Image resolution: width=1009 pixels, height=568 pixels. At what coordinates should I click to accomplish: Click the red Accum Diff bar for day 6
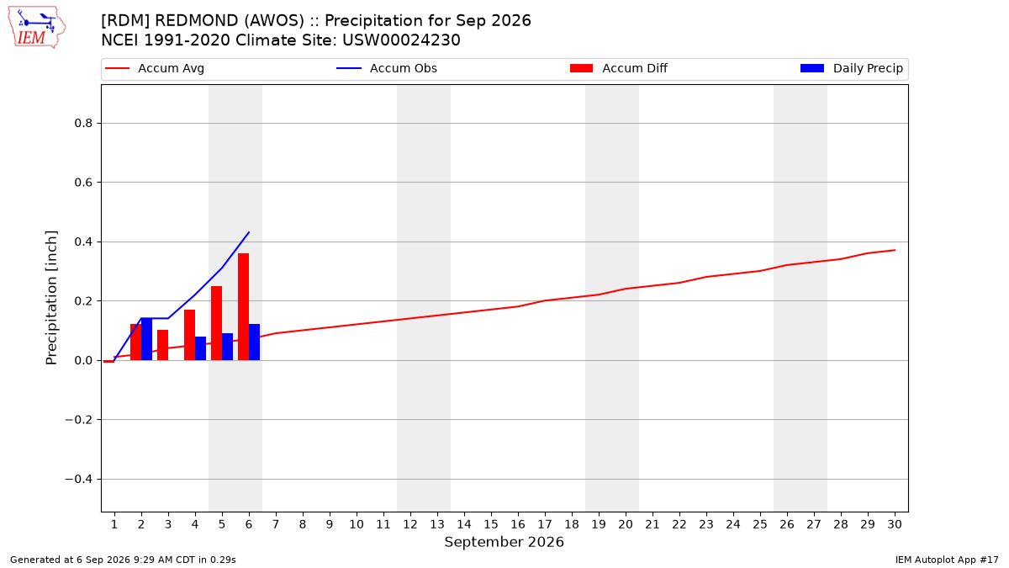pyautogui.click(x=243, y=306)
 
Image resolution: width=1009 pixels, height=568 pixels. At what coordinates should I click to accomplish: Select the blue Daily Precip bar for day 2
pyautogui.click(x=147, y=339)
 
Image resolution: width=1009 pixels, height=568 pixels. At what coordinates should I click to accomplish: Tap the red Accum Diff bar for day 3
pyautogui.click(x=162, y=345)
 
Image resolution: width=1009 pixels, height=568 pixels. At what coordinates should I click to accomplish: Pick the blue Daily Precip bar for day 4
pyautogui.click(x=200, y=348)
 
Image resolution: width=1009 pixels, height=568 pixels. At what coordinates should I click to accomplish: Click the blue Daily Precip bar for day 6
pyautogui.click(x=255, y=342)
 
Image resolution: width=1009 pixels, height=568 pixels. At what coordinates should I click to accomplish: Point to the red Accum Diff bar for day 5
pyautogui.click(x=217, y=323)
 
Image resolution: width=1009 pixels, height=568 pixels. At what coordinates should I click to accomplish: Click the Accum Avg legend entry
pyautogui.click(x=155, y=68)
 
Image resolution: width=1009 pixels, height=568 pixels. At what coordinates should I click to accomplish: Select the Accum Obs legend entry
pyautogui.click(x=387, y=68)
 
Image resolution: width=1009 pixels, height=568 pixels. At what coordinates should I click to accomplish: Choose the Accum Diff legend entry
pyautogui.click(x=619, y=68)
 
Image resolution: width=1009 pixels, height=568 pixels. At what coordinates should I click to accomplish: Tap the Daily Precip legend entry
pyautogui.click(x=851, y=68)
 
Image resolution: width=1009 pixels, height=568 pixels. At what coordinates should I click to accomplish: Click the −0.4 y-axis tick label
pyautogui.click(x=79, y=479)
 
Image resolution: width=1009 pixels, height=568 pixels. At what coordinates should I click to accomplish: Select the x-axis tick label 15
pyautogui.click(x=491, y=524)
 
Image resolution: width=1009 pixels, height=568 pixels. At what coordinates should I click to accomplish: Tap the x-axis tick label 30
pyautogui.click(x=895, y=524)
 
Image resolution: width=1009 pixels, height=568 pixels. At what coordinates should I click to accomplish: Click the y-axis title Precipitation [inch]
pyautogui.click(x=51, y=298)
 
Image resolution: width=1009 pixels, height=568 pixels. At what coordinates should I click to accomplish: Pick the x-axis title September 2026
pyautogui.click(x=504, y=542)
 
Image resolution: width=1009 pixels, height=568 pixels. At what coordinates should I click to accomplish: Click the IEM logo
pyautogui.click(x=36, y=28)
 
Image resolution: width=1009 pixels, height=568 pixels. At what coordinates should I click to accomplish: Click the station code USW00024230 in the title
pyautogui.click(x=401, y=40)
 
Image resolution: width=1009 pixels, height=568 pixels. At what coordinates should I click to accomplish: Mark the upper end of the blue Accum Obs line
pyautogui.click(x=249, y=232)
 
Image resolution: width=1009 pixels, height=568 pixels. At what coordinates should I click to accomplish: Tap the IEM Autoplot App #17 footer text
pyautogui.click(x=947, y=560)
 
